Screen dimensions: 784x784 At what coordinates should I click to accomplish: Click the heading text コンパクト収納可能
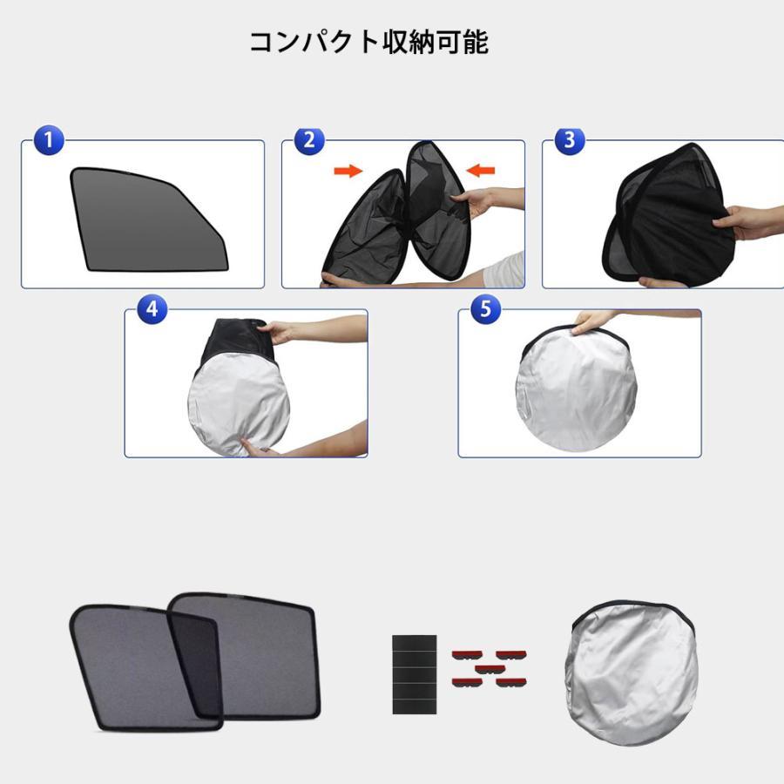pos(368,43)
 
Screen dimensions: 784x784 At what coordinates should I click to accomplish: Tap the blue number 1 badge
pos(49,140)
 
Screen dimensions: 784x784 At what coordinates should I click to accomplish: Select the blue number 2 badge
pos(309,140)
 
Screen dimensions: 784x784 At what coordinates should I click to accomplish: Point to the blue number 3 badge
pos(570,140)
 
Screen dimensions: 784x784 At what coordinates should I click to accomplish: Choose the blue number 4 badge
pos(152,308)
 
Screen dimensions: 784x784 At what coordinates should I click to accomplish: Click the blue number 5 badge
pos(485,308)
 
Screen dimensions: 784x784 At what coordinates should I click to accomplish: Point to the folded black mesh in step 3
pos(666,218)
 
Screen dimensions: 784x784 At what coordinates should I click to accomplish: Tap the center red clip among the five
pos(490,669)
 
